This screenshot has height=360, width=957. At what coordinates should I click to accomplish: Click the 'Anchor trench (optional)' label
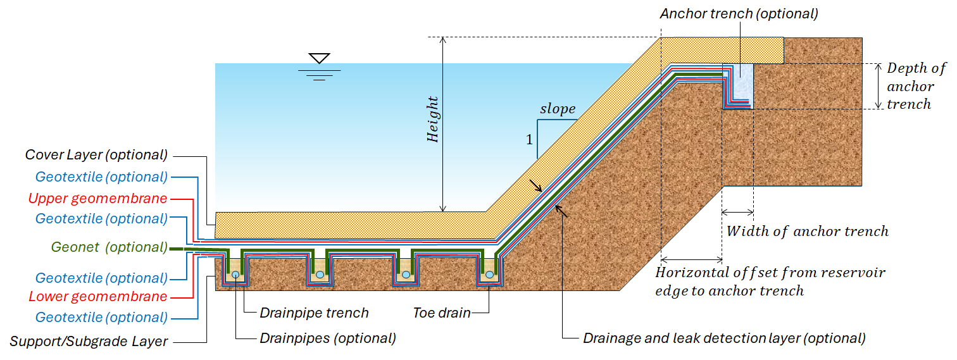[x=739, y=14]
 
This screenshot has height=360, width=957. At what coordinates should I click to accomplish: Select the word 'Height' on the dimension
[x=432, y=119]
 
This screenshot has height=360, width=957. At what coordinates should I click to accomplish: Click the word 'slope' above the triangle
[x=558, y=108]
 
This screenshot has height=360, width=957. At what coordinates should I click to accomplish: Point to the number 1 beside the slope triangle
[x=529, y=140]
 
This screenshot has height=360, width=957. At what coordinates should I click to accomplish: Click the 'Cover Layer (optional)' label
[x=96, y=154]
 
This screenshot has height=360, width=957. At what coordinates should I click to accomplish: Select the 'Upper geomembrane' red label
[x=97, y=198]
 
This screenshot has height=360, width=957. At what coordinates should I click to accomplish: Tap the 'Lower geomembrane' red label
[x=98, y=296]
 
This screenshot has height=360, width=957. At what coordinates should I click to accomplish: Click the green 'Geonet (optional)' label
[x=109, y=247]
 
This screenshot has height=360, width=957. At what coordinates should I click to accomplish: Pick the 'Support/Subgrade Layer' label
[x=89, y=341]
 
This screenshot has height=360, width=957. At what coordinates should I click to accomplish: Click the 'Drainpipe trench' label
[x=314, y=313]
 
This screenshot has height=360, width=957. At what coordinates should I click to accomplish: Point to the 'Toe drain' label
[x=442, y=313]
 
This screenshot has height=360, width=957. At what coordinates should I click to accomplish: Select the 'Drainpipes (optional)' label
[x=328, y=338]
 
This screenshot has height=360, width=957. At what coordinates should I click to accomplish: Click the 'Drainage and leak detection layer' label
[x=724, y=338]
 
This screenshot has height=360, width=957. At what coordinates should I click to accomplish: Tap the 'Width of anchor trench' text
[x=808, y=231]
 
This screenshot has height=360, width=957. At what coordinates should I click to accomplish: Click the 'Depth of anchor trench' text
[x=916, y=86]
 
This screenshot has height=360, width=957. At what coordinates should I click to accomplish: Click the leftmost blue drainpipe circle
[x=235, y=275]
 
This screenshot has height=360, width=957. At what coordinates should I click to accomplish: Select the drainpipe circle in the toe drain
[x=490, y=275]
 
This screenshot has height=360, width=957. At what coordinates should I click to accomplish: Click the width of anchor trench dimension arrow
[x=737, y=212]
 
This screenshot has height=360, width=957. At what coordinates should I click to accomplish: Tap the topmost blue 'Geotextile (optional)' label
[x=101, y=177]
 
